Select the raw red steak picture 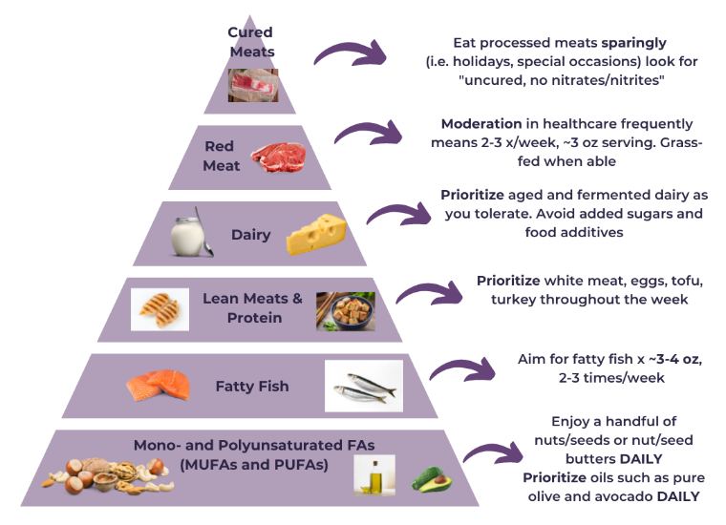[x=277, y=157]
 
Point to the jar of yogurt [x=189, y=234]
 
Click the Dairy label [x=251, y=235]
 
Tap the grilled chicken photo [x=160, y=308]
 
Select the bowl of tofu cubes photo [x=345, y=311]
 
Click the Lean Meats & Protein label [x=253, y=307]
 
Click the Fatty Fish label [x=252, y=387]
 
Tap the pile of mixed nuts [x=106, y=475]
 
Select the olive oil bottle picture [x=374, y=474]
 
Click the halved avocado [x=429, y=477]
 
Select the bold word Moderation [x=481, y=124]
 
